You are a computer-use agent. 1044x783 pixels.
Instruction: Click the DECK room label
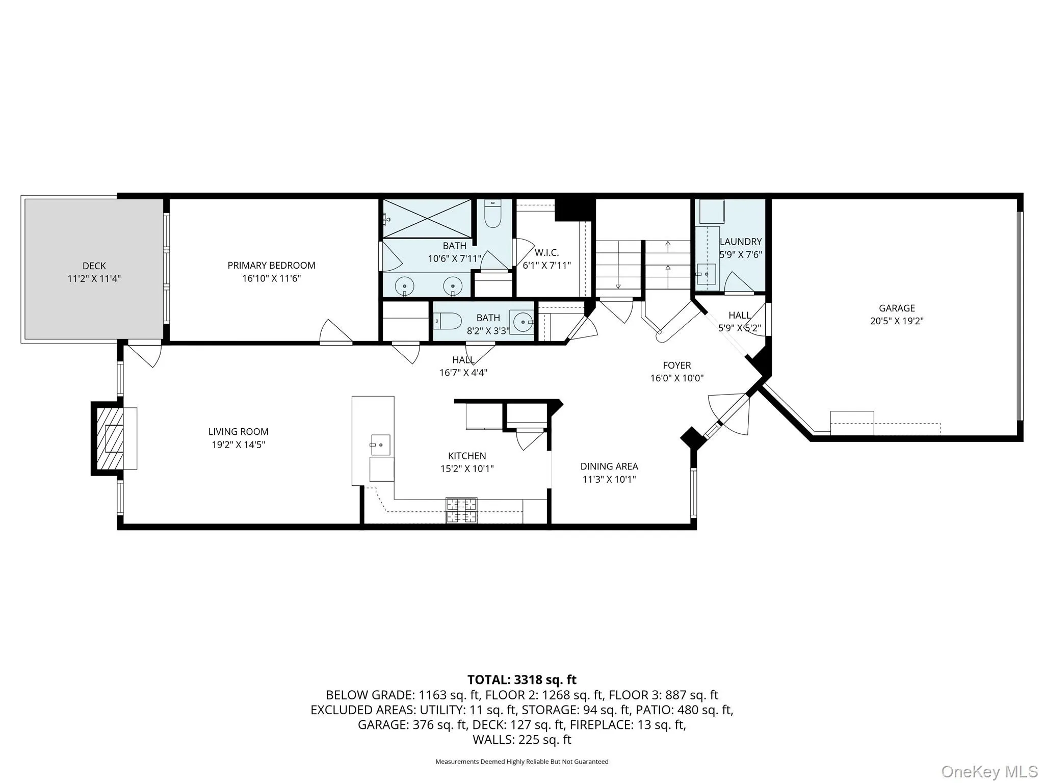(x=94, y=266)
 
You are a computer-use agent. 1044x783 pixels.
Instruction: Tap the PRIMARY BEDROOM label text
(x=271, y=265)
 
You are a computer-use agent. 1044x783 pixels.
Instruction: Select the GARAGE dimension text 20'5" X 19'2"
(x=897, y=321)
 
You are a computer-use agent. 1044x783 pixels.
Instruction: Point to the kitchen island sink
(x=380, y=445)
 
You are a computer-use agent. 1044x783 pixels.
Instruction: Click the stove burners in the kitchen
(x=462, y=510)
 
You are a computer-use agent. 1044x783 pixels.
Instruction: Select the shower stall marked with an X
(x=427, y=219)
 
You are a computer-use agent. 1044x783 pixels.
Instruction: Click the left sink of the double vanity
(x=404, y=286)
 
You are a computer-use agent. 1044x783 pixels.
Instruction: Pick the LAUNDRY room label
(x=740, y=242)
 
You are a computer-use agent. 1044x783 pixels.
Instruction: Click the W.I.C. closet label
(x=546, y=252)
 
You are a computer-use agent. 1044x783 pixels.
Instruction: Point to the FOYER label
(x=676, y=365)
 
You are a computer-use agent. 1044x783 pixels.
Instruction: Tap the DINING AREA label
(x=609, y=466)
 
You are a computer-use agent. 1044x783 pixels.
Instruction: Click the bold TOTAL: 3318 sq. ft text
(x=521, y=680)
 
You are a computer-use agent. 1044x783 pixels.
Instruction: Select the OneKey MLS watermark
(x=989, y=771)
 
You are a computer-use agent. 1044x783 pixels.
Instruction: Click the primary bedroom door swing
(x=335, y=332)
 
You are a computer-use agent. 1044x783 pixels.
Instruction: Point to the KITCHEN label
(x=467, y=456)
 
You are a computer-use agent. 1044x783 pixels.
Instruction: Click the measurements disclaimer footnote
(x=521, y=762)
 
